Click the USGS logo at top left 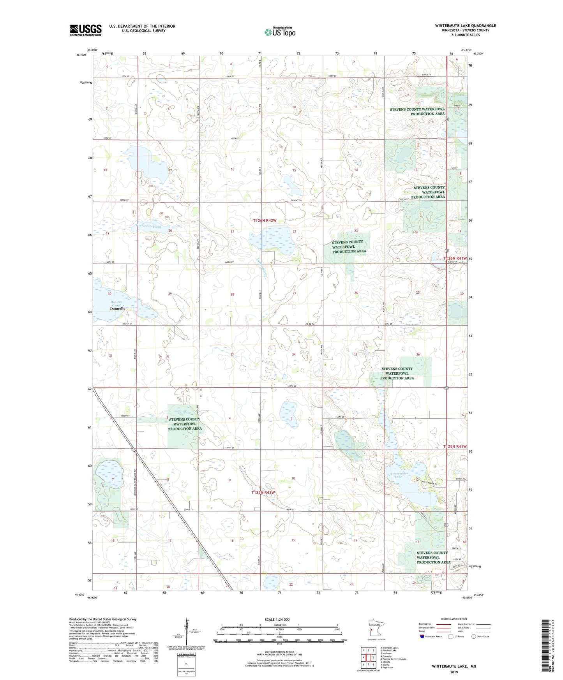[86, 30]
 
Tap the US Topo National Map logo [280, 32]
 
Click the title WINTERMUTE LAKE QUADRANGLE [465, 26]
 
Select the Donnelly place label [118, 308]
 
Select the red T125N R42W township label [263, 492]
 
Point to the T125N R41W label [455, 447]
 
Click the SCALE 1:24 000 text [277, 619]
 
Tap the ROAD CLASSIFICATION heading [454, 619]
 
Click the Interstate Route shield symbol [422, 636]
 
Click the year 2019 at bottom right [454, 672]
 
